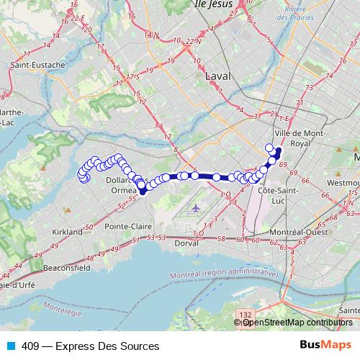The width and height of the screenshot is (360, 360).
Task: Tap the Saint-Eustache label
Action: [x=37, y=64]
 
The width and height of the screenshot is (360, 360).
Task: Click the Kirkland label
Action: [x=67, y=233]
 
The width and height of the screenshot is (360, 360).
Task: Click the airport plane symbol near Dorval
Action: [x=197, y=208]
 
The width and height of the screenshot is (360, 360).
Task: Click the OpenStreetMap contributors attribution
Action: [x=297, y=322]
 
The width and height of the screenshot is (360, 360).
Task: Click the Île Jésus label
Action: [x=217, y=4]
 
